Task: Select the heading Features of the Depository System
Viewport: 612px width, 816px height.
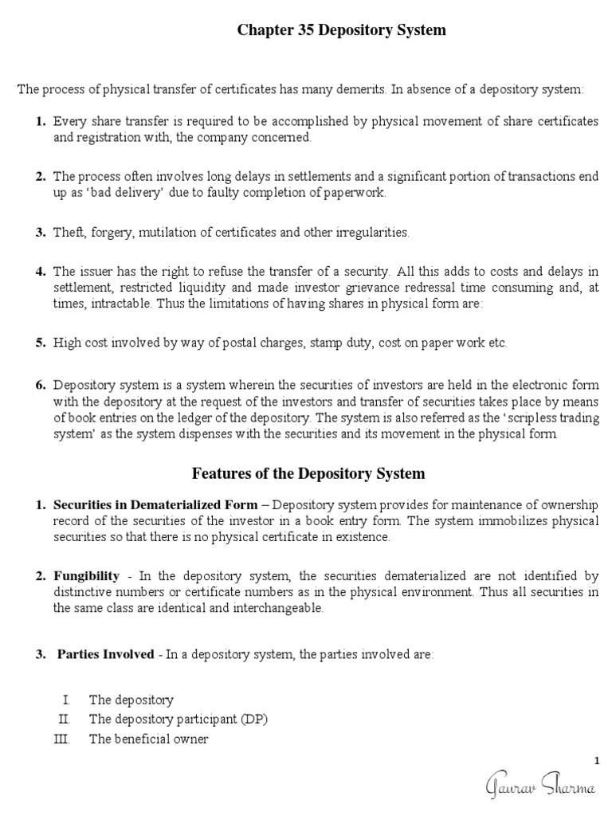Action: tap(308, 473)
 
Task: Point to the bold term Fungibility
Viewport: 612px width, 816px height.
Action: tap(86, 575)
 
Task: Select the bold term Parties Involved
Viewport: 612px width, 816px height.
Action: tap(105, 654)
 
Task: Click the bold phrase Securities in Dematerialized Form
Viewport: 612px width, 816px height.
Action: tap(155, 505)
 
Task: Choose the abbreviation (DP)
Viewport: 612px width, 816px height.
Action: tap(253, 719)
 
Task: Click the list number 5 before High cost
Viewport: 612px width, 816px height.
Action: tap(40, 343)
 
